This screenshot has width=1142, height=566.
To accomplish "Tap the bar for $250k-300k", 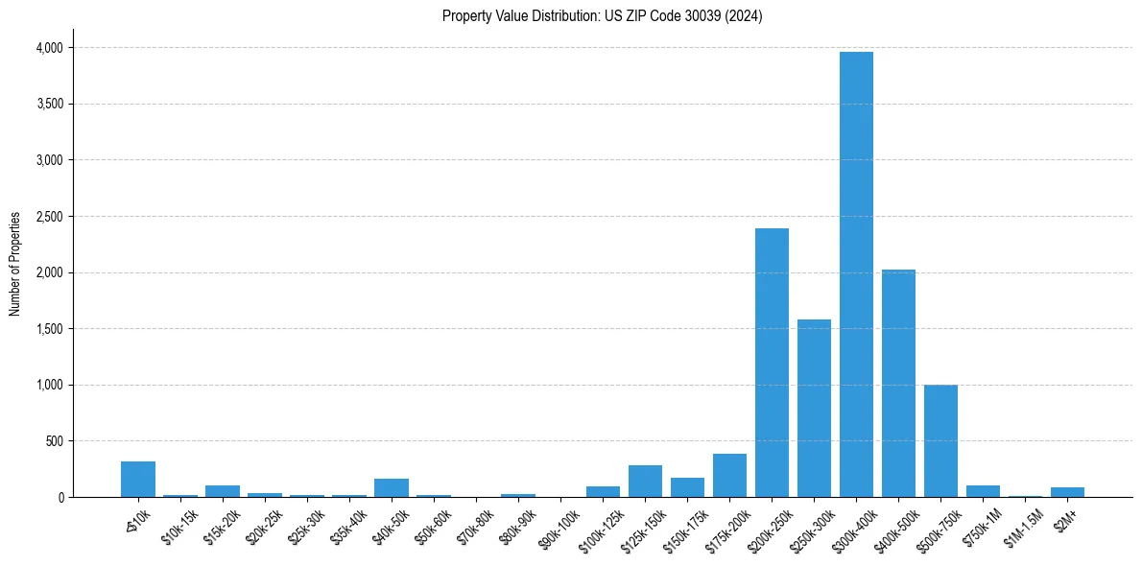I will coord(814,408).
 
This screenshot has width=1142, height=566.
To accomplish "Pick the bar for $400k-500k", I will coord(898,384).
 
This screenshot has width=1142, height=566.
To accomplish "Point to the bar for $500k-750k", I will coord(940,441).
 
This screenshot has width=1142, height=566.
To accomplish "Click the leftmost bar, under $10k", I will coord(138,480).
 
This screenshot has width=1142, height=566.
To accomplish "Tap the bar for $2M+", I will coord(1067,492).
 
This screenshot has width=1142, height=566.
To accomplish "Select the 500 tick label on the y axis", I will coord(56,441).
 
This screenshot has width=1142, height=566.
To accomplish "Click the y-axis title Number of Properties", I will coord(15,264).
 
